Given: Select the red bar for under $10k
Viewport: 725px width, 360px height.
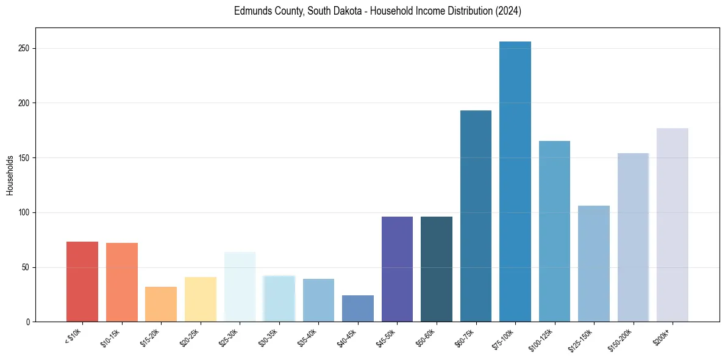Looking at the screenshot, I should click(82, 281).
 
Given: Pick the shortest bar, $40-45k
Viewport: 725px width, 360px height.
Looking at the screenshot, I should click(358, 308).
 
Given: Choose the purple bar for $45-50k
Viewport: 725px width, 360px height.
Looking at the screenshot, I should click(397, 269).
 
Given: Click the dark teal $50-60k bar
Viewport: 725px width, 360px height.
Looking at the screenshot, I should click(437, 269).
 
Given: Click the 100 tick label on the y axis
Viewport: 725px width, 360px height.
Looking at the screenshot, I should click(24, 212).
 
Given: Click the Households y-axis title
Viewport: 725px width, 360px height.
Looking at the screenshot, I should click(10, 175).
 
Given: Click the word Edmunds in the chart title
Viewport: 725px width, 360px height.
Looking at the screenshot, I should click(250, 12).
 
